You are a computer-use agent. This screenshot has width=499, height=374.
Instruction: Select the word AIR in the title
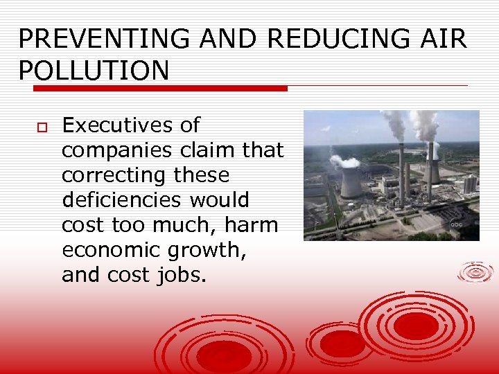[x=443, y=39]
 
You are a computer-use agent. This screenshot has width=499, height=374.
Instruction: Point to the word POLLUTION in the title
[x=94, y=71]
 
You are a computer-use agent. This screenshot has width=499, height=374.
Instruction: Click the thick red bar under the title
[x=160, y=89]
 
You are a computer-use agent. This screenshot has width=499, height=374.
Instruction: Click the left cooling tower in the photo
[x=351, y=183]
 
